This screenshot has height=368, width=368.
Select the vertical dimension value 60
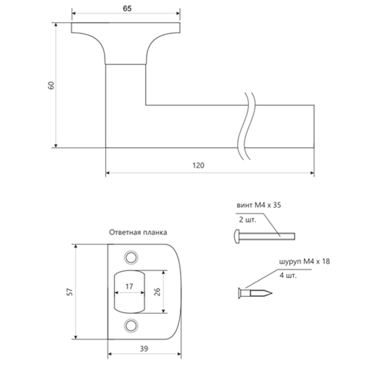tap(52, 85)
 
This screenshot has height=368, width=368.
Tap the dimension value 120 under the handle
tap(198, 165)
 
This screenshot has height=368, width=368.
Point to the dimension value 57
tap(70, 292)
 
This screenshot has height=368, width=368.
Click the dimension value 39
tap(144, 348)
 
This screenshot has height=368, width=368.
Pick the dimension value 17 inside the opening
tap(129, 287)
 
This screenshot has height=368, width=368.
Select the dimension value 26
tap(157, 292)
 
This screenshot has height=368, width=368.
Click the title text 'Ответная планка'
tap(138, 232)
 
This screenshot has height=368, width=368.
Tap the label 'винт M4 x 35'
tap(258, 205)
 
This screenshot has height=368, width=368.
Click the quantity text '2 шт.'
tap(247, 220)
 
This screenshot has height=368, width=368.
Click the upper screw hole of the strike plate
tap(130, 257)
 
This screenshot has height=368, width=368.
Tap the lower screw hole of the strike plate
tap(130, 325)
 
